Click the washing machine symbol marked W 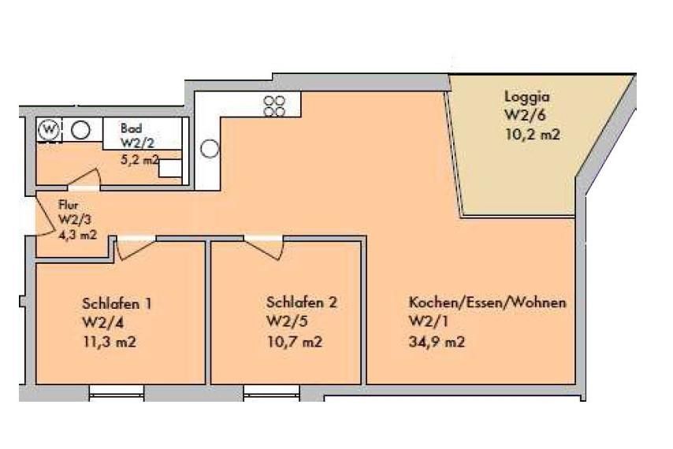(50, 129)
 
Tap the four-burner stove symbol (274, 106)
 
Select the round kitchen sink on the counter (210, 149)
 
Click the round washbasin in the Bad (80, 129)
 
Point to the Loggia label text (526, 96)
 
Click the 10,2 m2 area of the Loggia (533, 135)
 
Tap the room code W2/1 (429, 321)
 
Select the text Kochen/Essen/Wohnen (487, 302)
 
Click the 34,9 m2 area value (437, 342)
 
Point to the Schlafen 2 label (302, 302)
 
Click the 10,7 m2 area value (295, 342)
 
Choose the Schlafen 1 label (117, 303)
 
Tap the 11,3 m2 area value (109, 342)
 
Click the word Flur (69, 205)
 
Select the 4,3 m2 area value (77, 235)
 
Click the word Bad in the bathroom (132, 128)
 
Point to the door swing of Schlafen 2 (263, 248)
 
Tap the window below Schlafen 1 (117, 393)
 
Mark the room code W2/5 (287, 321)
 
